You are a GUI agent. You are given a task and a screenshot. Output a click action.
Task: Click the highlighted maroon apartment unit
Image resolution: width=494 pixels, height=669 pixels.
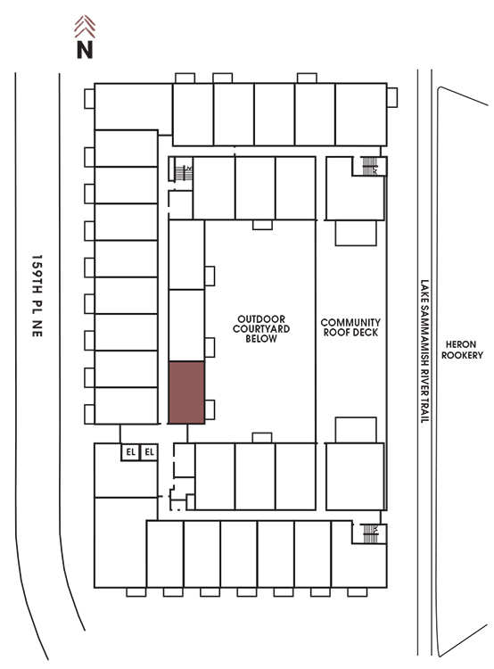[x=186, y=392]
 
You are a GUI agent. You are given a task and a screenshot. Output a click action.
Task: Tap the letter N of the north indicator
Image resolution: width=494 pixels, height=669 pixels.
[x=85, y=49]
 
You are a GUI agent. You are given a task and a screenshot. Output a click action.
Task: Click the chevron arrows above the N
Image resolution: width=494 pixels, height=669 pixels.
[x=85, y=27]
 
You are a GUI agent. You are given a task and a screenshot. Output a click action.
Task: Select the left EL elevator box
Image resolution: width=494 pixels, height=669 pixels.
[x=130, y=452]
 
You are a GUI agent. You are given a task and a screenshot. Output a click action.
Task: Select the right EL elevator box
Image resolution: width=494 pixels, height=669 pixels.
[x=149, y=452]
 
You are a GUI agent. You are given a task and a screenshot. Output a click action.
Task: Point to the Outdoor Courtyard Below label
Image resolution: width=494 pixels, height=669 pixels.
[x=261, y=329]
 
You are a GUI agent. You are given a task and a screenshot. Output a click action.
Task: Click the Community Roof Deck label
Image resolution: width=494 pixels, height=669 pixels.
[x=350, y=327]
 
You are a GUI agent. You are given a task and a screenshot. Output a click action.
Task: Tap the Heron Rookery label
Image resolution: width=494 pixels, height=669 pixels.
[x=462, y=350]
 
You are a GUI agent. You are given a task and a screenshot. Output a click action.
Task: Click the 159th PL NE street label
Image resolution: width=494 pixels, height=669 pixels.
[x=37, y=296]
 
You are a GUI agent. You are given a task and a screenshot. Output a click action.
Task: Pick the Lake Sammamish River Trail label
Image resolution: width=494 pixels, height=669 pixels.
[x=424, y=351]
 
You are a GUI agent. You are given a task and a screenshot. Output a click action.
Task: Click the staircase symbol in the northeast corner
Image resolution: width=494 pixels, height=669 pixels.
[x=369, y=166]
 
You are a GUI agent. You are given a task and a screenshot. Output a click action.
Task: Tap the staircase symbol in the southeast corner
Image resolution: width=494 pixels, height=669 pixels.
[x=370, y=533]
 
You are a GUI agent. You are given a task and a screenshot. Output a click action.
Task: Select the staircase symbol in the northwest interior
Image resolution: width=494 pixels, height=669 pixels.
[x=183, y=173]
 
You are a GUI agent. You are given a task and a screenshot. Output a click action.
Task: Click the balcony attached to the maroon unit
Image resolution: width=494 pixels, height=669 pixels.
[x=210, y=409]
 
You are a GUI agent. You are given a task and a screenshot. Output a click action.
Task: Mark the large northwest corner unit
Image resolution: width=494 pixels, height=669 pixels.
[x=133, y=106]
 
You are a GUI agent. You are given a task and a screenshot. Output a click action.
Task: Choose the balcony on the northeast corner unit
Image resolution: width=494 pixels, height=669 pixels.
[x=392, y=98]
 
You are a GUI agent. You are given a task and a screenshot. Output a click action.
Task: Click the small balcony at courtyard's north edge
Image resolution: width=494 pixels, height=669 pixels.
[x=262, y=225]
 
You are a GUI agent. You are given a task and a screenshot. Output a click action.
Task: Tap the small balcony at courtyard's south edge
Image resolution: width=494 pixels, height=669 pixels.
[x=262, y=438]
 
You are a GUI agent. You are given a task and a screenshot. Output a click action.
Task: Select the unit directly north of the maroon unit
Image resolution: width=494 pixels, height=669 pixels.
[x=186, y=326]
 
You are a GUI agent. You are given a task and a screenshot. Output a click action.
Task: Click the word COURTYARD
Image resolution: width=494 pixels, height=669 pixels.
[x=261, y=329]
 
